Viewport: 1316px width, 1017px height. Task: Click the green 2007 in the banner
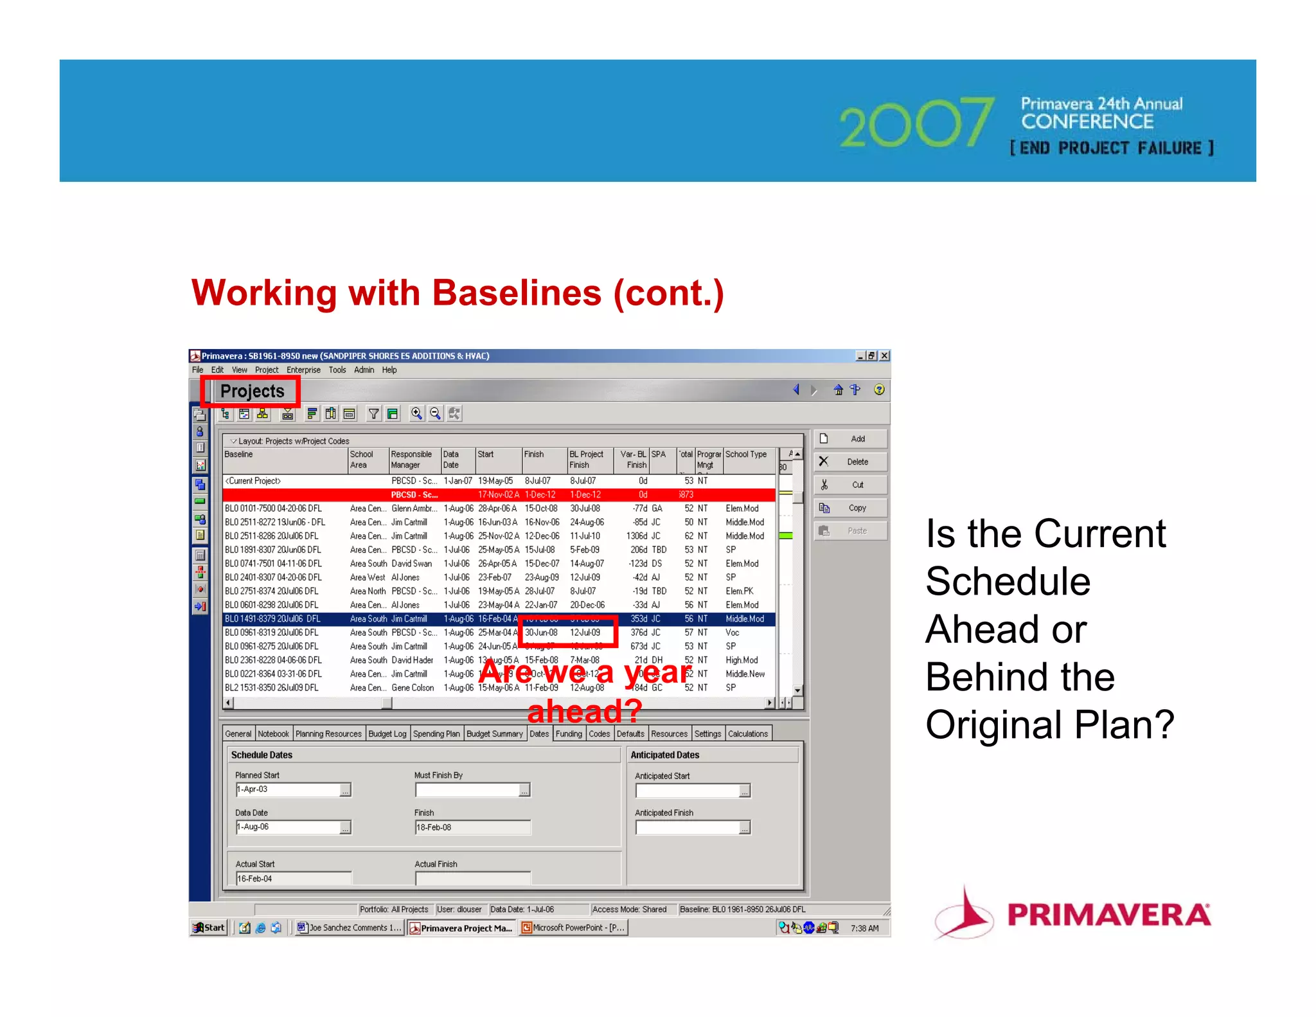pos(916,123)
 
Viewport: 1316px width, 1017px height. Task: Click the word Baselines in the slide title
pos(517,293)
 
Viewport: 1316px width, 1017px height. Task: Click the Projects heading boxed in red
pos(251,391)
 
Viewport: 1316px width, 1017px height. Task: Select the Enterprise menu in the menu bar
pos(303,370)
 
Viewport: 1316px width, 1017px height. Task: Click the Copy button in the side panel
pos(850,508)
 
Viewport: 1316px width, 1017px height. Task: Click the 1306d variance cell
pos(638,535)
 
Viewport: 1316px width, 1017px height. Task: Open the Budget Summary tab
pos(494,733)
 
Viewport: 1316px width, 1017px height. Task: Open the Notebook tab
pos(273,733)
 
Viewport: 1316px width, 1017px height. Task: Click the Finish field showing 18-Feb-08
pos(472,827)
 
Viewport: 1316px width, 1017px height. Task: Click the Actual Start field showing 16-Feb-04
pos(292,879)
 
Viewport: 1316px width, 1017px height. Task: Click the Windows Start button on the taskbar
pos(209,928)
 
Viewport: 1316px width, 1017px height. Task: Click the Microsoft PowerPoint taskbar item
pos(573,928)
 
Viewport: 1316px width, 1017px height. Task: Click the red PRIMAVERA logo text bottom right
pos(1108,915)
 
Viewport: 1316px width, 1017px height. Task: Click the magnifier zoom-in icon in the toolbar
pos(416,413)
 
